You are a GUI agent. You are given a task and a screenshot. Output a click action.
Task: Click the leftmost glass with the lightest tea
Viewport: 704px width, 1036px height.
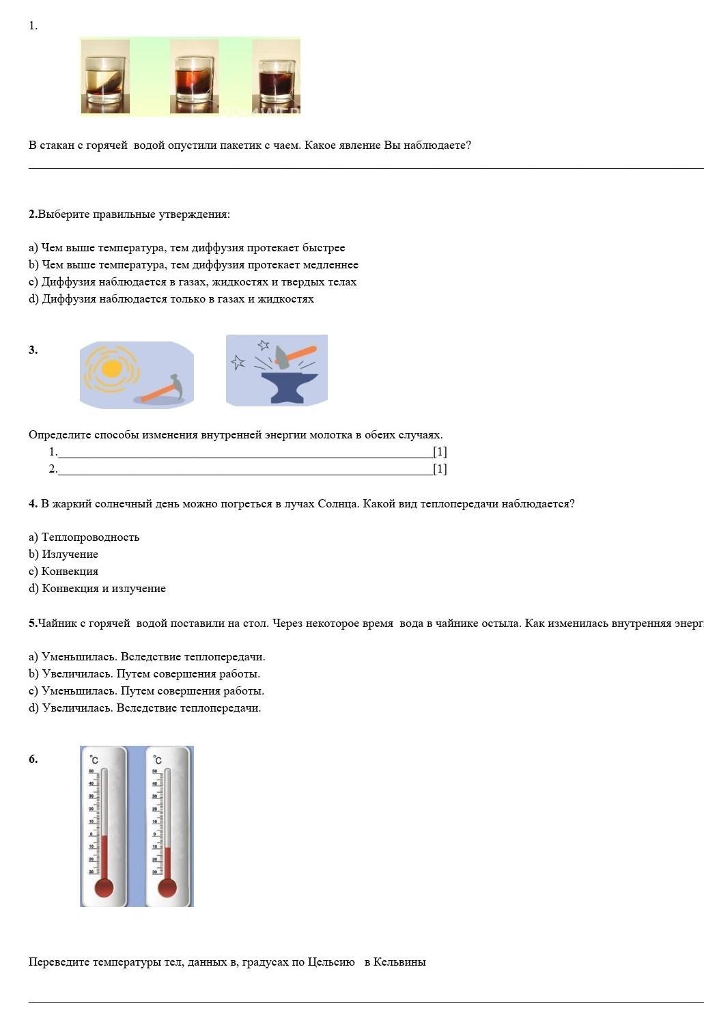pyautogui.click(x=106, y=80)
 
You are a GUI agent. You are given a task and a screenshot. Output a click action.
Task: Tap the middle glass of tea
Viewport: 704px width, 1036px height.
pyautogui.click(x=195, y=81)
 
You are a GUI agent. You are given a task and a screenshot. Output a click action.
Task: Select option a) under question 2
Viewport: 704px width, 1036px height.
pyautogui.click(x=186, y=248)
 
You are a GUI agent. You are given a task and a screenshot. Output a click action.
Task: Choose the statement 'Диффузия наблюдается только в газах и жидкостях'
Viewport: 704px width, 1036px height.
pyautogui.click(x=171, y=299)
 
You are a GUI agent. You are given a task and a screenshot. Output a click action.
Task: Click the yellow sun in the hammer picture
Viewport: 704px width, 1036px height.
pyautogui.click(x=111, y=369)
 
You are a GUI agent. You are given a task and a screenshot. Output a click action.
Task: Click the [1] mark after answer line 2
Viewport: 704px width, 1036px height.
pyautogui.click(x=440, y=469)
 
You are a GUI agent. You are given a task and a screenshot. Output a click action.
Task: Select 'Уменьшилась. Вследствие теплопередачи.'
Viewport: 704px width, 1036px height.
pyautogui.click(x=147, y=657)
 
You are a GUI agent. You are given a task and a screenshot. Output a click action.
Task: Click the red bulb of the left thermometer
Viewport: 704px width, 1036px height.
pyautogui.click(x=104, y=888)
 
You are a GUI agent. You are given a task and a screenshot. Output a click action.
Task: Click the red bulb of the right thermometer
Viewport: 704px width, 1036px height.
pyautogui.click(x=167, y=888)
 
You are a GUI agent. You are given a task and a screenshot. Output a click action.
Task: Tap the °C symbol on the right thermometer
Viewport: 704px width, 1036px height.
pyautogui.click(x=158, y=760)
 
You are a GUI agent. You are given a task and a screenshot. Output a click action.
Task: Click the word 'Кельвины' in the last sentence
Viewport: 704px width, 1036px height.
pyautogui.click(x=399, y=962)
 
